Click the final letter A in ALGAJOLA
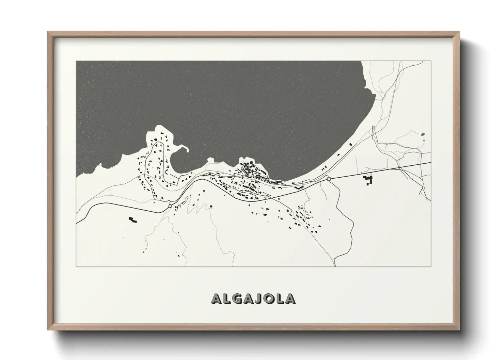pos(290,298)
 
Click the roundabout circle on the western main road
pos(170,206)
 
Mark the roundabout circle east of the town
pos(329,179)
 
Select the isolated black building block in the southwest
pos(132,220)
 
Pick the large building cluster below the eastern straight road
pos(368,180)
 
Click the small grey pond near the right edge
pos(423,134)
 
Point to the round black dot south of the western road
pos(211,206)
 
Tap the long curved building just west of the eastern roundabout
pos(299,187)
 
